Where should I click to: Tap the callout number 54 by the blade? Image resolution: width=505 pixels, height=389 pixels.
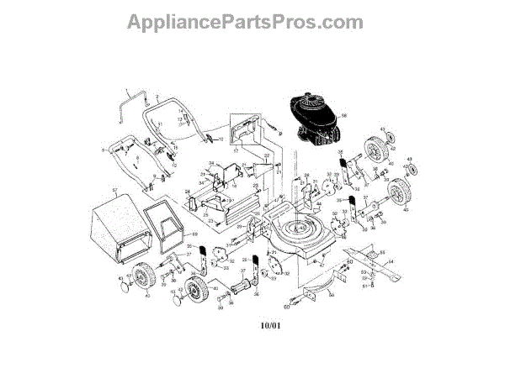[390, 263]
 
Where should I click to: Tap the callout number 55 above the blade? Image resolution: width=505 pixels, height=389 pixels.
[380, 252]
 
